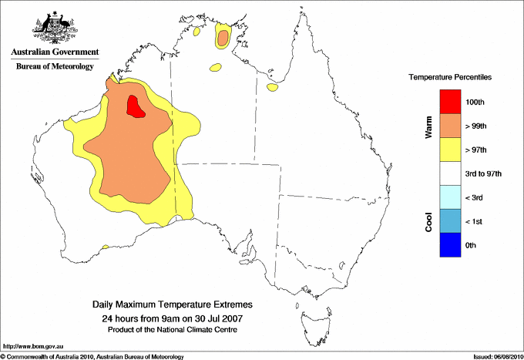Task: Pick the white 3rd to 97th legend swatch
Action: click(x=451, y=173)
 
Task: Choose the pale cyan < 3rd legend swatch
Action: click(x=451, y=197)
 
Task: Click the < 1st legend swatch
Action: click(x=451, y=221)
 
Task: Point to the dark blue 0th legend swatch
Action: click(x=451, y=245)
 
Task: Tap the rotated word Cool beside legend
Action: click(x=428, y=222)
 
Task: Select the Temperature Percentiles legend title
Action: click(x=451, y=78)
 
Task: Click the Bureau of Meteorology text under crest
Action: click(x=55, y=66)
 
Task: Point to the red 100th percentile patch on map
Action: click(x=136, y=106)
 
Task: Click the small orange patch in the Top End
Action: click(x=223, y=37)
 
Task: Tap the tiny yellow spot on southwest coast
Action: click(x=105, y=247)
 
